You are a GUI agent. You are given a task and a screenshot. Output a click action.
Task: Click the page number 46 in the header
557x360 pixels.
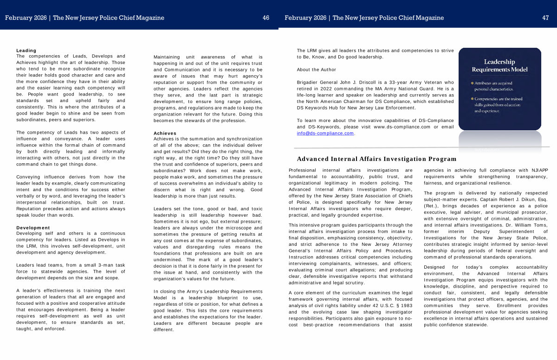coord(266,18)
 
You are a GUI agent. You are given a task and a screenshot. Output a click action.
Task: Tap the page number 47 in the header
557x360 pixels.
coord(545,18)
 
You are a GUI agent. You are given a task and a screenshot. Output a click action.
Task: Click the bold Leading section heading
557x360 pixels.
coord(26,51)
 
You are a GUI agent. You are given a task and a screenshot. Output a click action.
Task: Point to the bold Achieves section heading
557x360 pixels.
coord(165,133)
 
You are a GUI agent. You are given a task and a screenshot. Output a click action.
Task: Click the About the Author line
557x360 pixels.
coord(317,70)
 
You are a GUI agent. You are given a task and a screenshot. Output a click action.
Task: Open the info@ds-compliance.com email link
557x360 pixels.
coord(325,134)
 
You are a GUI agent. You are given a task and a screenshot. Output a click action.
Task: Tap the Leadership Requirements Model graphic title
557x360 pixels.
coord(499,66)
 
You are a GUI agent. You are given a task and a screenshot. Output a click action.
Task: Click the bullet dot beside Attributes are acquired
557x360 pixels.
coord(472,83)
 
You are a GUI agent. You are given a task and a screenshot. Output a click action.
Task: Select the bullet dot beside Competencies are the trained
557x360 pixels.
coord(472,99)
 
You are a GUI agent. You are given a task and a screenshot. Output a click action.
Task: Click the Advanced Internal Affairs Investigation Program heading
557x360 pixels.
coord(377,159)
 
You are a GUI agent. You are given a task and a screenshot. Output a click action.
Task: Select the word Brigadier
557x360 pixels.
coord(310,83)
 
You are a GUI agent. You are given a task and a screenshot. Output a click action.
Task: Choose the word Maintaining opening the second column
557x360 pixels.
coord(168,57)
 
